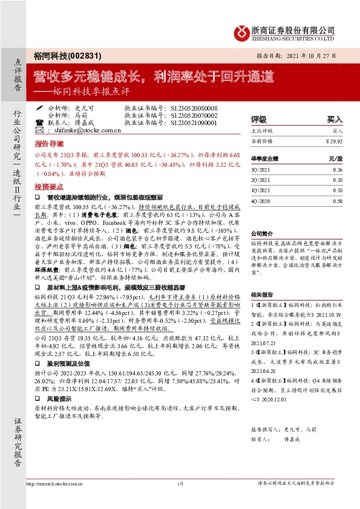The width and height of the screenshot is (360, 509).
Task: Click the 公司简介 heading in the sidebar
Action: click(263, 233)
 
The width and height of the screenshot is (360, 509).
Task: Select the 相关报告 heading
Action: click(263, 293)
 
